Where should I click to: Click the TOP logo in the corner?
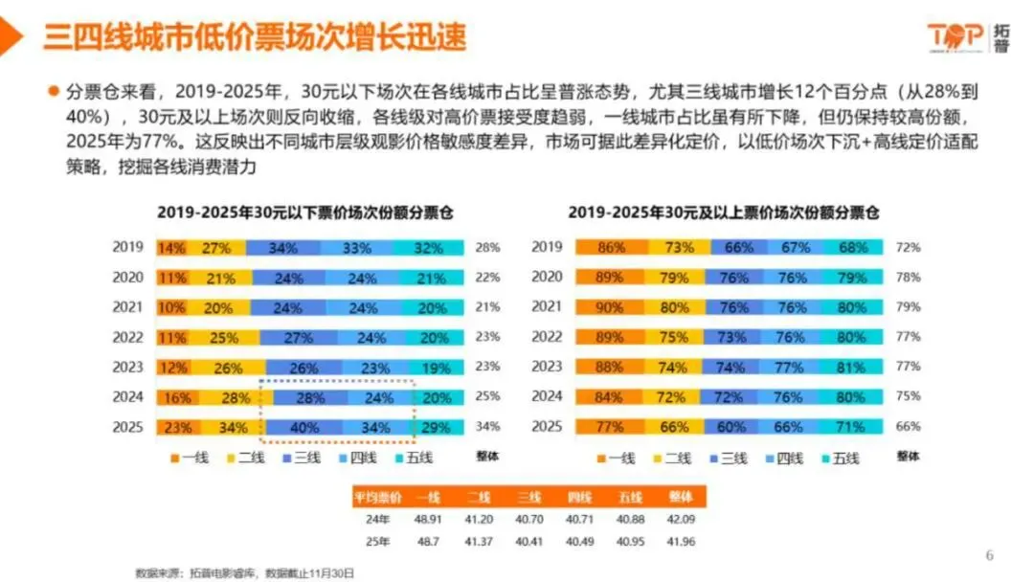tap(967, 36)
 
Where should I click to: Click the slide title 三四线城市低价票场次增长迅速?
tap(255, 36)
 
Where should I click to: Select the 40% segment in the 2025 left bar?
tap(307, 428)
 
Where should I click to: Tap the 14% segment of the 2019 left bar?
tap(172, 248)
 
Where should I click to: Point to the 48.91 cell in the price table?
tap(428, 521)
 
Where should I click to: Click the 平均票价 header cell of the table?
tap(377, 498)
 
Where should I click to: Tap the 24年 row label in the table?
tap(377, 521)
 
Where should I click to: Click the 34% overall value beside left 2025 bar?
tap(487, 428)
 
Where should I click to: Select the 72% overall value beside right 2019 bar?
tap(908, 248)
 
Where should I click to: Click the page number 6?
tap(990, 555)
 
